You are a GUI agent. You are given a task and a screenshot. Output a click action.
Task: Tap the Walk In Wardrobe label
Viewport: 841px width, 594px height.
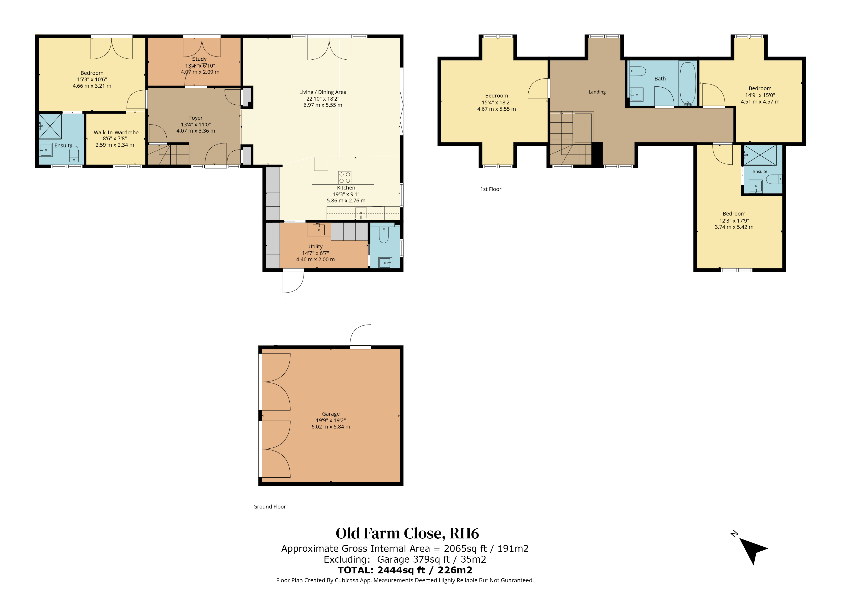coord(116,132)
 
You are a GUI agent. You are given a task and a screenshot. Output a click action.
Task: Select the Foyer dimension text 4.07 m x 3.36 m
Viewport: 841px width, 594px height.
coord(196,131)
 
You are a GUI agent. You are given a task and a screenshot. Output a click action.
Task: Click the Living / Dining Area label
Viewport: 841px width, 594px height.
coord(323,92)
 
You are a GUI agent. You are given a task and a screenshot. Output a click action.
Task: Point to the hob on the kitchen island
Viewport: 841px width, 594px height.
coord(345,177)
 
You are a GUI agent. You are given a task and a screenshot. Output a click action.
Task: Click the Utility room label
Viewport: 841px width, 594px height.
coord(315,247)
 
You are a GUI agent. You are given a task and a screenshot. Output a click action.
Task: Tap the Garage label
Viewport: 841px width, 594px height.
coord(331,414)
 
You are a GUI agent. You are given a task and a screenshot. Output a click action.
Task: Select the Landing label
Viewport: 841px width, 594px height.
coord(597,92)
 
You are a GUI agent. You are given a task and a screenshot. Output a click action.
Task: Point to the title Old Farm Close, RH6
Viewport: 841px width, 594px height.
coord(407,533)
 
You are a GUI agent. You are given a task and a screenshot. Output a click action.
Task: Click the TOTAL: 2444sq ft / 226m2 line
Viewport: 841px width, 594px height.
coord(405,570)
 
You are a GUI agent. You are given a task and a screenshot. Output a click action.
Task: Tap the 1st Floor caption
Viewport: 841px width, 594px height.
coord(491,189)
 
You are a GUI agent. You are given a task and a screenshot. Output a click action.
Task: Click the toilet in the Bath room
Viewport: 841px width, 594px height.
coord(638,71)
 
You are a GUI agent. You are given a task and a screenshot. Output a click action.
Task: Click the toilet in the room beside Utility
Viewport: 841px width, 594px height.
coord(384,235)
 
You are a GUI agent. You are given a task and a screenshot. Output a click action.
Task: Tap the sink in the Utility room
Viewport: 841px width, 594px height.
coord(318,229)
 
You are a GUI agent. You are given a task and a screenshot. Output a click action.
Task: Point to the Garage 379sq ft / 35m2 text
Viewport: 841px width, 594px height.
coord(432,559)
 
